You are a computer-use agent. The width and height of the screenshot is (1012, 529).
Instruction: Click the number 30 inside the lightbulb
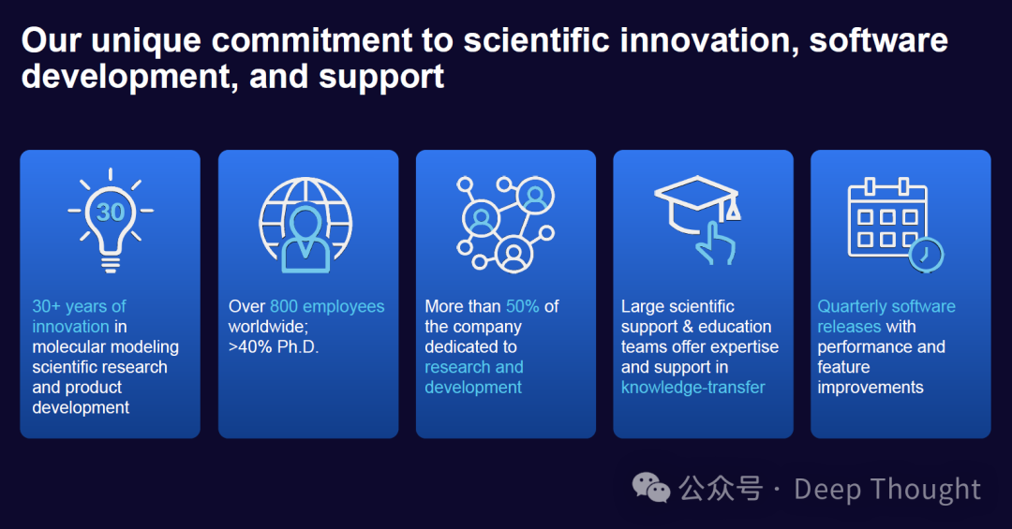tap(111, 212)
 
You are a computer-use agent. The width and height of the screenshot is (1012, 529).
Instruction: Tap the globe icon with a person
tap(305, 225)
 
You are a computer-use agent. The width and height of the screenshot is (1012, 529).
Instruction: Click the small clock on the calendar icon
tap(926, 255)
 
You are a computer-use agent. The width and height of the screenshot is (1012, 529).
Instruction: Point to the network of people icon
tap(505, 224)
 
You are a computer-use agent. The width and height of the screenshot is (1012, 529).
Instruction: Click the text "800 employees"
tap(327, 306)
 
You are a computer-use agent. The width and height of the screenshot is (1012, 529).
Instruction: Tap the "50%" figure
tap(523, 306)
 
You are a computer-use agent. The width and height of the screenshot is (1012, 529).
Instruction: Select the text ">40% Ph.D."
tap(274, 347)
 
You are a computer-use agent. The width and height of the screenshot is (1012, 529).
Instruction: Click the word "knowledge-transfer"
tap(693, 387)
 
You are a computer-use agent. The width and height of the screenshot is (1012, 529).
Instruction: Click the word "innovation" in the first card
tap(71, 327)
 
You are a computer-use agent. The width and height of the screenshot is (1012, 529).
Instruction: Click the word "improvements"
tap(870, 387)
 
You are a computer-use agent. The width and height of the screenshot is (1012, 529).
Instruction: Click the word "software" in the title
tap(878, 40)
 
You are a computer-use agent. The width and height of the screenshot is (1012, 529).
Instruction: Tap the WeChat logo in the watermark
tap(651, 488)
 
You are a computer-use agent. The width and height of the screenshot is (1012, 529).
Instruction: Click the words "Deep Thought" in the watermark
tap(887, 489)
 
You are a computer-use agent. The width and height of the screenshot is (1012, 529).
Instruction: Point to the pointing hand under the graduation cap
tap(714, 243)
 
